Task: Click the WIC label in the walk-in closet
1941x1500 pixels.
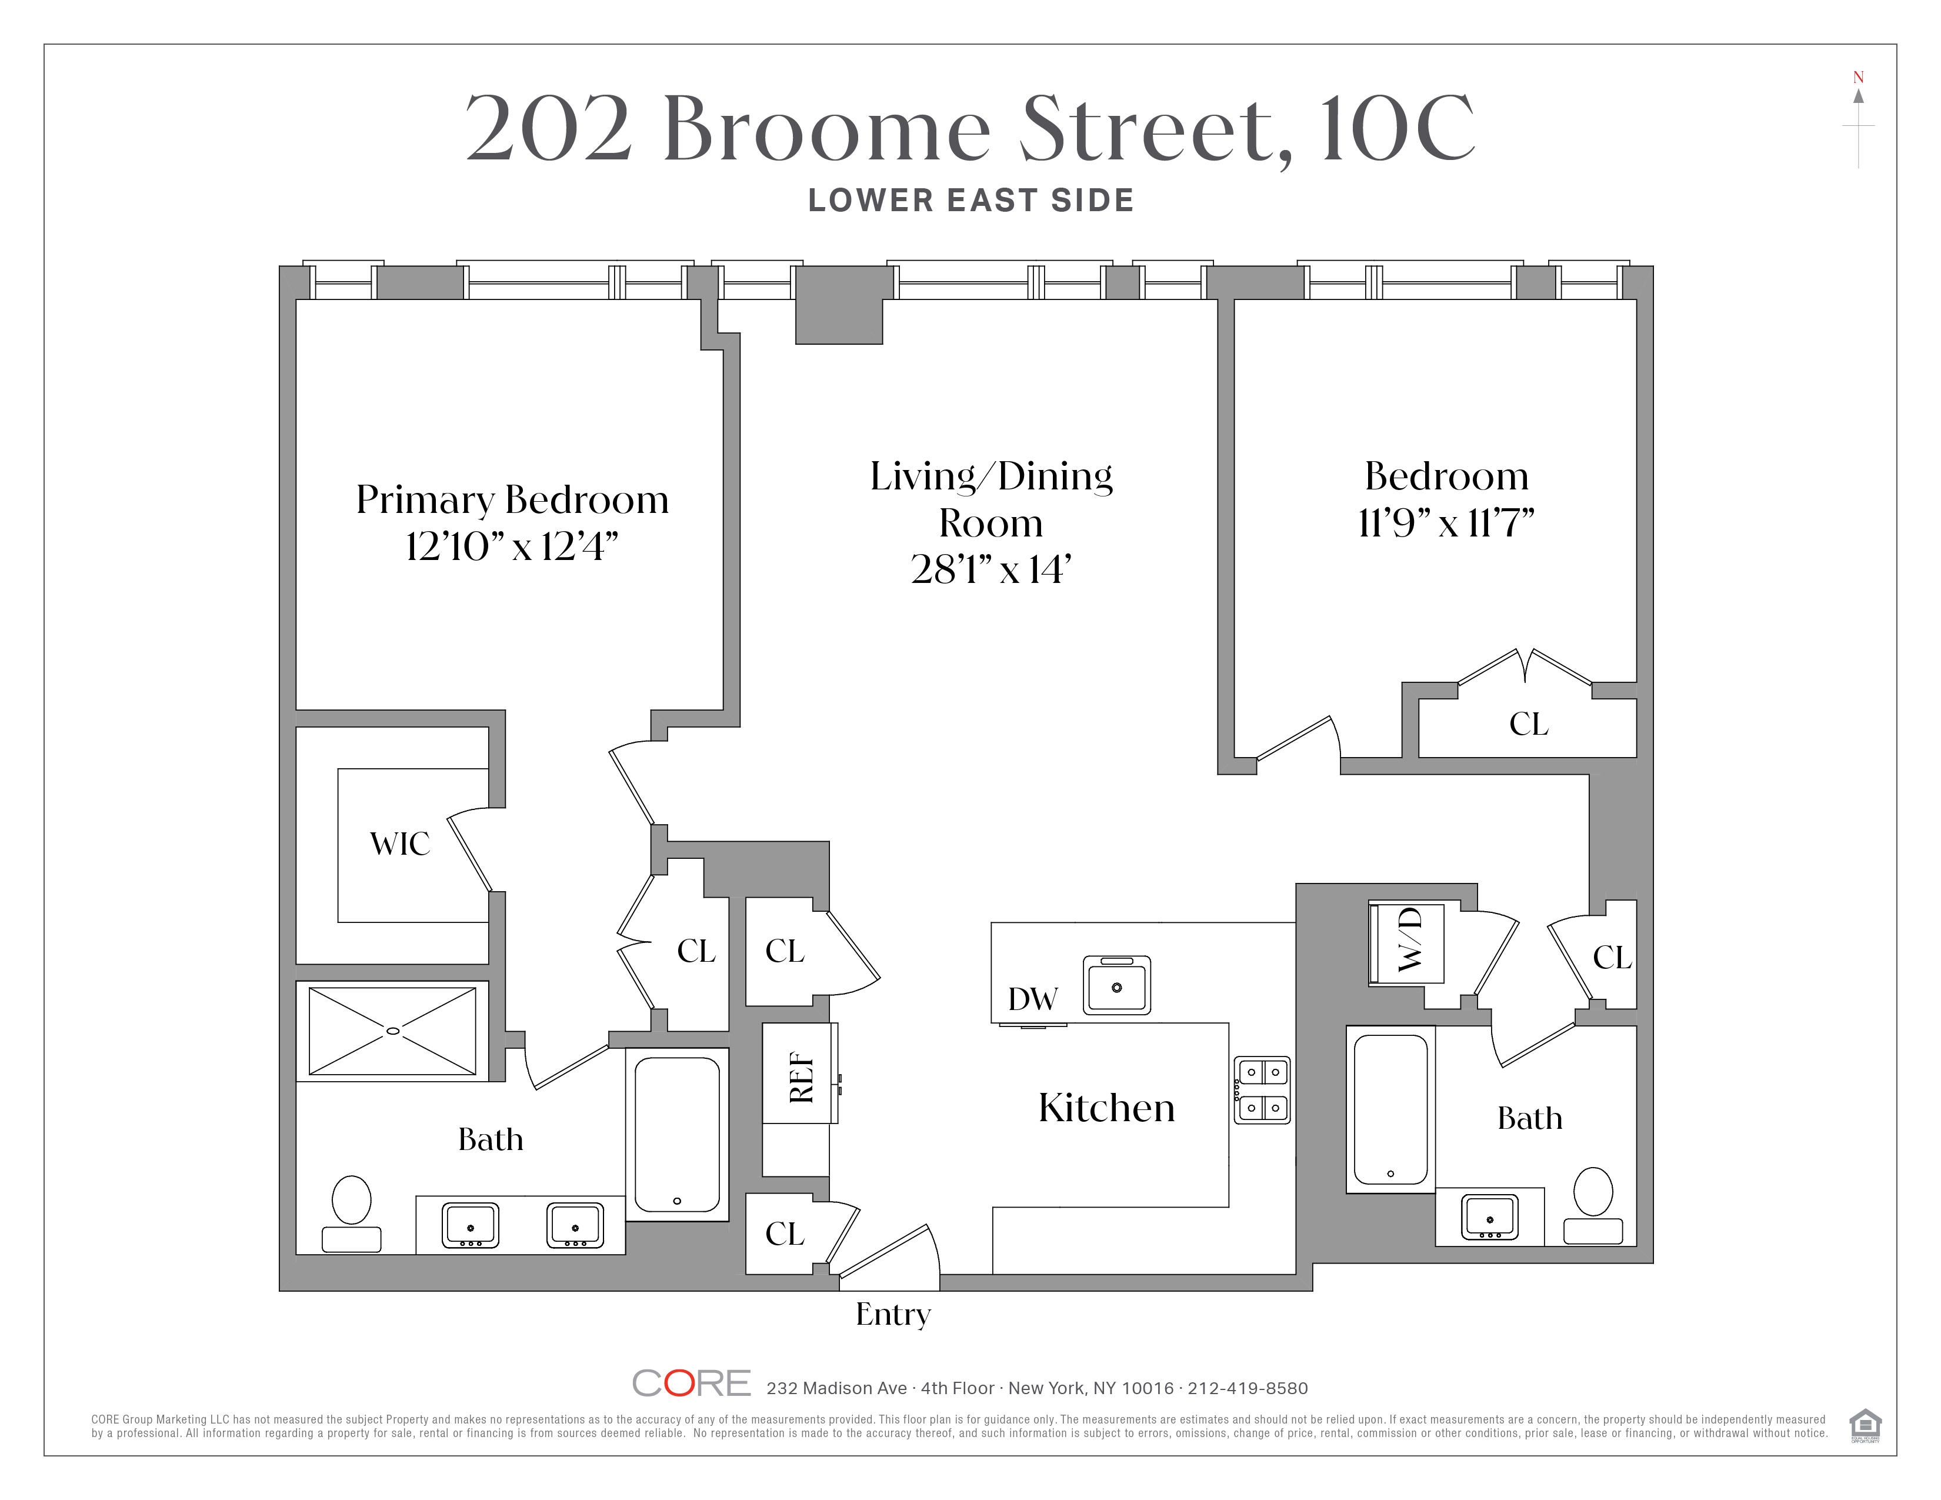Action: click(400, 844)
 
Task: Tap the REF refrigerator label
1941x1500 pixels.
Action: click(802, 1077)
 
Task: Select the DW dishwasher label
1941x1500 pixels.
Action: click(1033, 999)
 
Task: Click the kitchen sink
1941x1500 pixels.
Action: click(1117, 985)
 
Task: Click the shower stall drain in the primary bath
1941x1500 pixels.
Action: click(393, 1031)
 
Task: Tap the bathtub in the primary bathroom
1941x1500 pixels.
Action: click(677, 1135)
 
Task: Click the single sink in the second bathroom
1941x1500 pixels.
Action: click(1489, 1218)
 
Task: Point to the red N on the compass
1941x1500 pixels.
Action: click(1858, 77)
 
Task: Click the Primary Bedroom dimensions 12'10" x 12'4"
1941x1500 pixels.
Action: click(512, 546)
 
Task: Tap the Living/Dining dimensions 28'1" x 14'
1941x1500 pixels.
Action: click(991, 569)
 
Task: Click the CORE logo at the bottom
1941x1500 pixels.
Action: click(692, 1384)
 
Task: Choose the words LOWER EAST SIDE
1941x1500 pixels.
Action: click(972, 201)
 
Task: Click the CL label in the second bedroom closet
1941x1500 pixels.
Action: click(1529, 724)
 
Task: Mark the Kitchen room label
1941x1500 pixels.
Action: click(1106, 1108)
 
